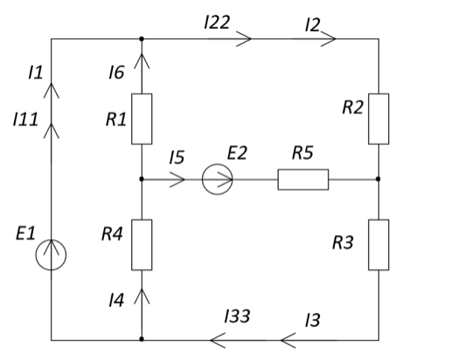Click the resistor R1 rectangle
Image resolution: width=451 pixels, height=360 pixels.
(x=142, y=119)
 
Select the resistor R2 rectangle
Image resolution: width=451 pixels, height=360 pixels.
(x=378, y=119)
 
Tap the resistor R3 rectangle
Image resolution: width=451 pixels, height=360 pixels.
(x=378, y=245)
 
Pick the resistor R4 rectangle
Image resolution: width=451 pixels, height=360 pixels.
(x=142, y=245)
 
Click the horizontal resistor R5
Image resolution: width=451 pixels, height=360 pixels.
(x=303, y=179)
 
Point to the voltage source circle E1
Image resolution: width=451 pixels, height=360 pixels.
(x=51, y=255)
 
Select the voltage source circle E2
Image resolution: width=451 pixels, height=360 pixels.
(x=217, y=179)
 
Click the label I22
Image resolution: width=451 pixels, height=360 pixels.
(x=217, y=22)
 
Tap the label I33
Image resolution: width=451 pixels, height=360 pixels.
(x=237, y=316)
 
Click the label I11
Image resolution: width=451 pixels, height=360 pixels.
(x=25, y=119)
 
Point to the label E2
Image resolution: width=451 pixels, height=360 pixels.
(x=237, y=153)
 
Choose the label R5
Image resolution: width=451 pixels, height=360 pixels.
(x=302, y=153)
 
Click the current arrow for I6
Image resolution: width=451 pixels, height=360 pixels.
(x=142, y=61)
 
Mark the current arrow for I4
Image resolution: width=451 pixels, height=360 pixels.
(x=142, y=296)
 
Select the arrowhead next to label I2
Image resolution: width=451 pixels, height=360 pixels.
(x=329, y=38)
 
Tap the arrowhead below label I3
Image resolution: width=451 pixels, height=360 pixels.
(x=288, y=340)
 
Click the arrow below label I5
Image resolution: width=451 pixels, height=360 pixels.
(x=177, y=179)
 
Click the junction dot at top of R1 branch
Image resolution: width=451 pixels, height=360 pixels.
(x=142, y=38)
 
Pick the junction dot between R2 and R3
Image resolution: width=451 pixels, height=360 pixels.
(x=378, y=179)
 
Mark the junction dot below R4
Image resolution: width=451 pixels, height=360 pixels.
(x=142, y=339)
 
